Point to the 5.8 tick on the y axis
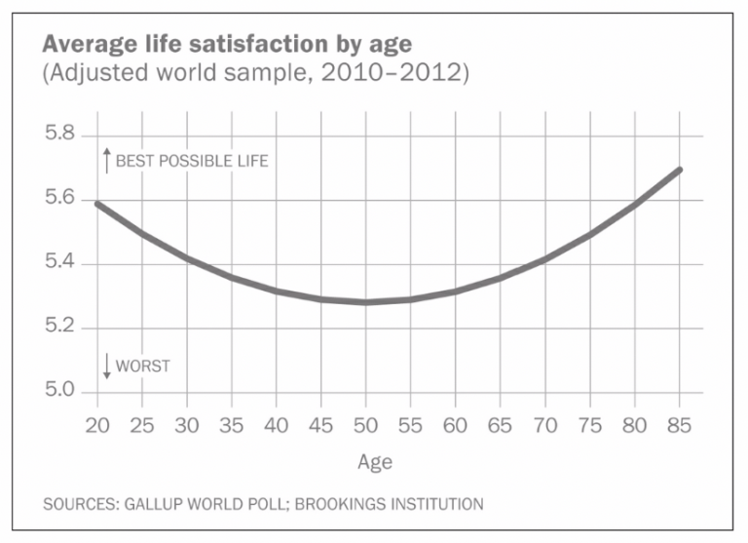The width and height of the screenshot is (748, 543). tap(60, 135)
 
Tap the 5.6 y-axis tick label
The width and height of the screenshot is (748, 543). tap(60, 199)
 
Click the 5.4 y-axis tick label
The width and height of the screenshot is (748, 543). tap(60, 263)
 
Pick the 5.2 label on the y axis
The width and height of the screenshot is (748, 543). tap(60, 327)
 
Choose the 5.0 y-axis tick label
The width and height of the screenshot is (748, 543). tap(60, 391)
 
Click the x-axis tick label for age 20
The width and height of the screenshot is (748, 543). tap(96, 428)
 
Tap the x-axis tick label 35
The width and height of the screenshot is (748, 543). tap(232, 428)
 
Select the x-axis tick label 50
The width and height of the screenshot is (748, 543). tap(366, 428)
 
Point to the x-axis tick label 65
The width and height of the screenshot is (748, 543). tap(501, 428)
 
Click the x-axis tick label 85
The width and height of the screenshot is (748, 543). tap(680, 428)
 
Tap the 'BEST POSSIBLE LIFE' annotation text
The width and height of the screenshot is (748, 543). tap(191, 161)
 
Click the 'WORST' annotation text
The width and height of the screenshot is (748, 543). tap(142, 367)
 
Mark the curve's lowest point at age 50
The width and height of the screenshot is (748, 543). tap(366, 302)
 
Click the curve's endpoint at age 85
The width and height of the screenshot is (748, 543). tap(680, 170)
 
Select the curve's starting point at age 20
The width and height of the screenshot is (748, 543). tap(97, 203)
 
